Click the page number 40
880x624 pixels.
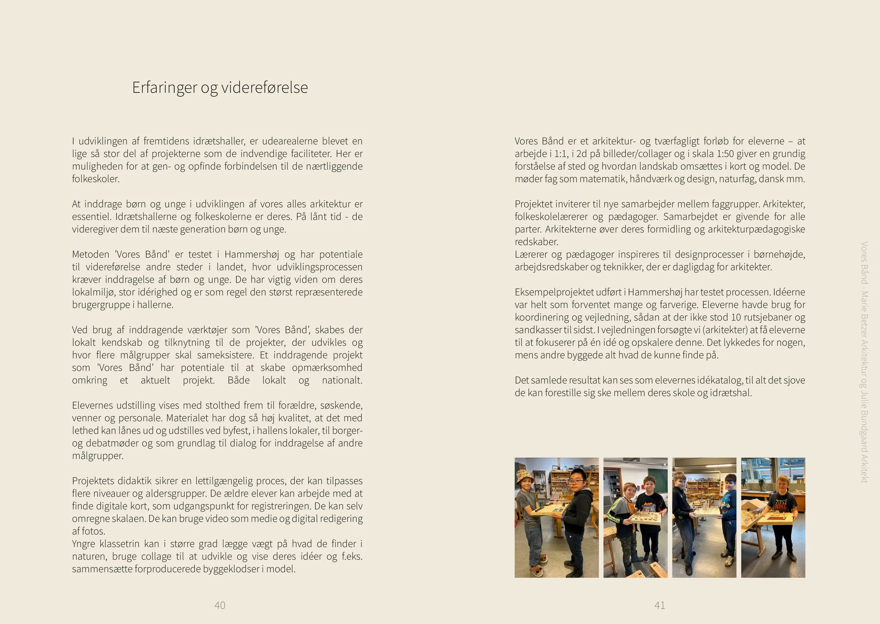tap(219, 605)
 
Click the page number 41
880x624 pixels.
tap(659, 605)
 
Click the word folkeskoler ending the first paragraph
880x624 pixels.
tap(96, 179)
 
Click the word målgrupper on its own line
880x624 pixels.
tap(98, 456)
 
